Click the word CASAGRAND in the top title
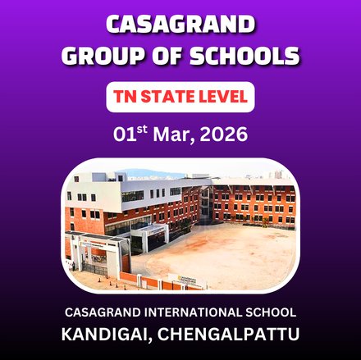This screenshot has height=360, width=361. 180,25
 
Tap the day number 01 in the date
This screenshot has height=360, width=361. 124,134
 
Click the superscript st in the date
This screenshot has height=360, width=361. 143,129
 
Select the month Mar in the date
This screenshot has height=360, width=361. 174,134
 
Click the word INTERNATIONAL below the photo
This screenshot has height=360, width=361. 200,312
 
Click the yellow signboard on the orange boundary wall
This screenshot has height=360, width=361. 190,280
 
